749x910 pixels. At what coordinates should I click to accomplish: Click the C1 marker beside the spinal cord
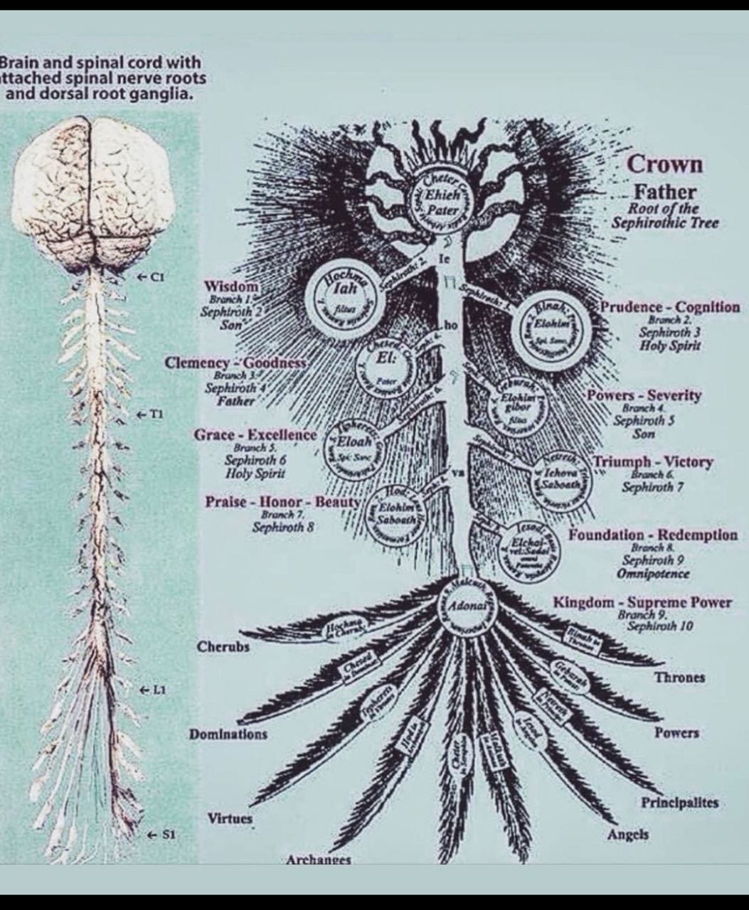tap(152, 277)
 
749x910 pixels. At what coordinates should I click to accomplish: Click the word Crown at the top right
tap(664, 165)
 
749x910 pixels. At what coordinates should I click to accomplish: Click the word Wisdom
tap(232, 286)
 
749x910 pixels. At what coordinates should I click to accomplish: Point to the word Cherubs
tap(223, 648)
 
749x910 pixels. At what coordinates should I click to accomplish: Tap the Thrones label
tap(679, 677)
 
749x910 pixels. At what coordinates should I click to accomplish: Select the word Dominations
tap(228, 734)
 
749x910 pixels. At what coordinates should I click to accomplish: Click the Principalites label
tap(680, 803)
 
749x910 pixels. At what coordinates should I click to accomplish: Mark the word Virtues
tap(230, 818)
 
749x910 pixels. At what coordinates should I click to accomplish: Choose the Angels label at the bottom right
tap(627, 835)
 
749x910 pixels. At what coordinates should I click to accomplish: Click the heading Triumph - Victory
tap(652, 462)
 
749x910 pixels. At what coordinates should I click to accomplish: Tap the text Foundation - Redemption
tap(652, 535)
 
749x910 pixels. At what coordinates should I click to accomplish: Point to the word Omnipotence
tap(653, 574)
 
